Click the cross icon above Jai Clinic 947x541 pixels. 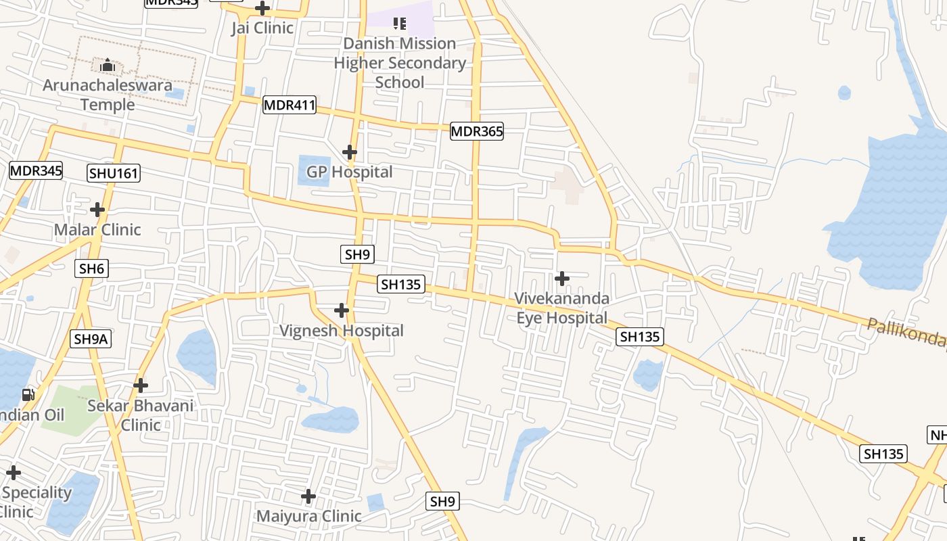(262, 9)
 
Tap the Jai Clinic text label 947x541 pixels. (262, 28)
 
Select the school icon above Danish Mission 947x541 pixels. (400, 24)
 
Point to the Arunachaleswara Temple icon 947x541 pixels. (108, 66)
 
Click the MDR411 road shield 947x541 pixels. (290, 105)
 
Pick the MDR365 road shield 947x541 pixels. (477, 131)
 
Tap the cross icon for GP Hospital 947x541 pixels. (349, 152)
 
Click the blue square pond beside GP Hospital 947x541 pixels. (314, 170)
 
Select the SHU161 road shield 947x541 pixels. (114, 173)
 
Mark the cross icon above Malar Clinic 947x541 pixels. (97, 210)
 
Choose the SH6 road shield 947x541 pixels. (91, 268)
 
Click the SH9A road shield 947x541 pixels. (91, 339)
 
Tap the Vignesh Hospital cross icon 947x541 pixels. (342, 310)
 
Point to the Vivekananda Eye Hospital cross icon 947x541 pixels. (561, 278)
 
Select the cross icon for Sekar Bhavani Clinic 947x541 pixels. (141, 385)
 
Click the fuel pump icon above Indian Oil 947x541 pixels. (28, 394)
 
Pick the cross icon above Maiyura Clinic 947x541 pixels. (308, 497)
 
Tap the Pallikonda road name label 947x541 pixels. (906, 332)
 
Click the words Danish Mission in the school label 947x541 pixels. (400, 44)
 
